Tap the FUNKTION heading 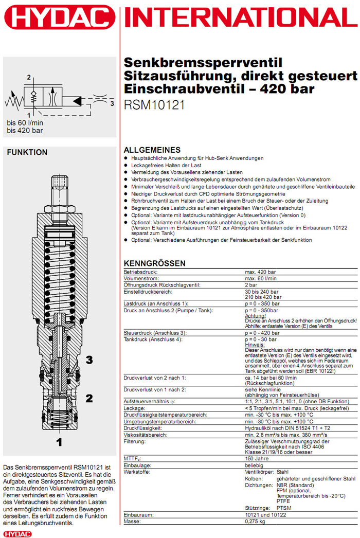[x=27, y=152]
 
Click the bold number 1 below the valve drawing [x=59, y=441]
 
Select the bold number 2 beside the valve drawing [x=89, y=398]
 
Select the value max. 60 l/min [x=262, y=278]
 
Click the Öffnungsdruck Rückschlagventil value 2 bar [x=251, y=285]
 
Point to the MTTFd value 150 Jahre [x=257, y=458]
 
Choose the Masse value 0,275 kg [x=256, y=522]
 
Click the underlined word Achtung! [x=255, y=315]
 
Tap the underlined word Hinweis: [x=255, y=344]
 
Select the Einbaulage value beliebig [x=255, y=464]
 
